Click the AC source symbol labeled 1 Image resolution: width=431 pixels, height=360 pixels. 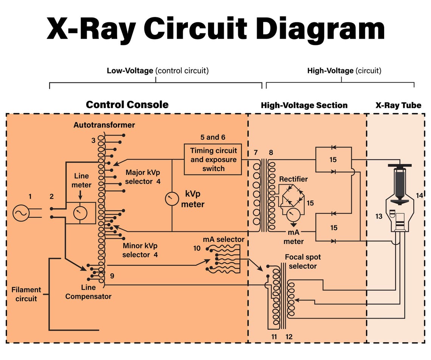pos(21,213)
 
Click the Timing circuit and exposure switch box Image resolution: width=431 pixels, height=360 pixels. pos(213,159)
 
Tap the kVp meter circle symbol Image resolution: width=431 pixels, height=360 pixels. pos(172,199)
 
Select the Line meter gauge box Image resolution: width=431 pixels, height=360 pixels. pos(81,213)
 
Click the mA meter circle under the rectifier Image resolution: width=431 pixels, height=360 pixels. pos(293,215)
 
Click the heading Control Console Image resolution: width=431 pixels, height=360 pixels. pos(127,105)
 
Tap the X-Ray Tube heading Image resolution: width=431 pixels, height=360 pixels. pos(398,106)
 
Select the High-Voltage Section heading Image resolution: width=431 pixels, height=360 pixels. pos(304,106)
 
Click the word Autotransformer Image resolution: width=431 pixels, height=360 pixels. pos(104,125)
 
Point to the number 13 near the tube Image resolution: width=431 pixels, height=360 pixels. pos(379,216)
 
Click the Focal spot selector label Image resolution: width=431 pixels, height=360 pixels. pos(302,261)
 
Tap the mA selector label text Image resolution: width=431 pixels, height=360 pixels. pos(223,239)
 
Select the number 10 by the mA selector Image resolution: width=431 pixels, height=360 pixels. pos(197,248)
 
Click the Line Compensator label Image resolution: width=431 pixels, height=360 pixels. pos(88,292)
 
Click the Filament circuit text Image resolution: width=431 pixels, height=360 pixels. pos(26,294)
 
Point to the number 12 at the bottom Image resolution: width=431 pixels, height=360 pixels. pos(288,337)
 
